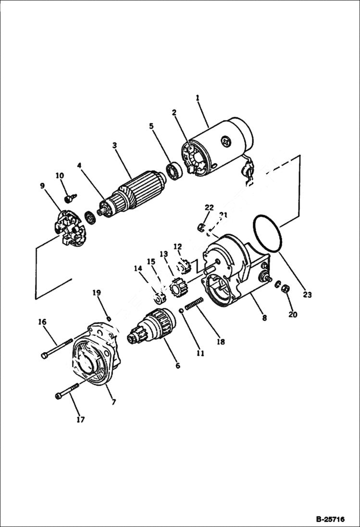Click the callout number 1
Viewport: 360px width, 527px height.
pyautogui.click(x=197, y=98)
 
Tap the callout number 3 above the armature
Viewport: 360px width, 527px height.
pyautogui.click(x=114, y=145)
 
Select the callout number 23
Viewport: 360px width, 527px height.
pyautogui.click(x=308, y=294)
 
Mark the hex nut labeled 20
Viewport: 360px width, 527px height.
pyautogui.click(x=284, y=289)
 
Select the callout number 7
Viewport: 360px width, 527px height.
pyautogui.click(x=113, y=402)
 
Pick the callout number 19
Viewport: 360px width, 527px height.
pyautogui.click(x=97, y=293)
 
